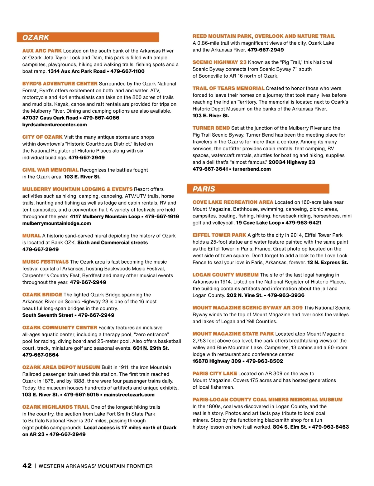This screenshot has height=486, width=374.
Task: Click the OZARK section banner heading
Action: pyautogui.click(x=36, y=38)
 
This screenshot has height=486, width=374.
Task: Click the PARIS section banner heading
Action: pyautogui.click(x=204, y=189)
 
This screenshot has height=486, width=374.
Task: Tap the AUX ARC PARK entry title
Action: pyautogui.click(x=42, y=51)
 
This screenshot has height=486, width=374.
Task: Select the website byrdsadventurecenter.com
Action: pyautogui.click(x=55, y=125)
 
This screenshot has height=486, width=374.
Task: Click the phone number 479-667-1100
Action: pyautogui.click(x=127, y=71)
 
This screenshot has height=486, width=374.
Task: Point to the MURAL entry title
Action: pyautogui.click(x=31, y=236)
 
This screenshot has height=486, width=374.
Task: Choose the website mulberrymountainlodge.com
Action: pyautogui.click(x=57, y=224)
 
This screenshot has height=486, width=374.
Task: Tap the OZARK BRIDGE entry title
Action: pyautogui.click(x=42, y=295)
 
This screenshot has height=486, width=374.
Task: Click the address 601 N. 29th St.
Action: pyautogui.click(x=151, y=348)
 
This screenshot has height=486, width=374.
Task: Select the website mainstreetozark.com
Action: pyautogui.click(x=129, y=395)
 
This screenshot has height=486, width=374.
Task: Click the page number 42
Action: pyautogui.click(x=27, y=466)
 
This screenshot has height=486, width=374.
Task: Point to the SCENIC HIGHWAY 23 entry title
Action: pyautogui.click(x=219, y=62)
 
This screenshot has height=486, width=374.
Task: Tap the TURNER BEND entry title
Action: pyautogui.click(x=211, y=128)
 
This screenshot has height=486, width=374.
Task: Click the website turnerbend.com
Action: pyautogui.click(x=252, y=169)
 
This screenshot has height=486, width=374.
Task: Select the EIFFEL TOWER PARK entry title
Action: pyautogui.click(x=219, y=235)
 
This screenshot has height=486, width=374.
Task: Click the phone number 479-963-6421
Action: pyautogui.click(x=304, y=223)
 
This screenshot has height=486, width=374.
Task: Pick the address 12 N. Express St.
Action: pyautogui.click(x=328, y=263)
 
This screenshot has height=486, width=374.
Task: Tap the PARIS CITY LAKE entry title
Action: pyautogui.click(x=215, y=374)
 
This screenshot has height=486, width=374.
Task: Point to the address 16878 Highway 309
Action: pyautogui.click(x=217, y=361)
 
